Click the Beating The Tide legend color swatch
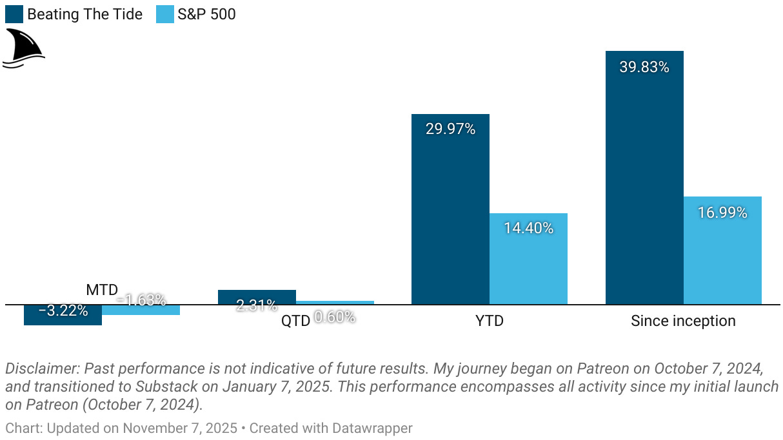tap(14, 14)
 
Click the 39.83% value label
tap(644, 66)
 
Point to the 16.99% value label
tap(722, 213)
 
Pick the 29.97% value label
tap(450, 129)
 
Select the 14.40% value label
tap(528, 227)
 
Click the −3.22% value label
tap(63, 311)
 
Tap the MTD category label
tap(102, 290)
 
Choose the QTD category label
tap(295, 320)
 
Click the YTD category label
tap(489, 320)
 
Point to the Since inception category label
tap(683, 320)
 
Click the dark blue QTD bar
tap(257, 296)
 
